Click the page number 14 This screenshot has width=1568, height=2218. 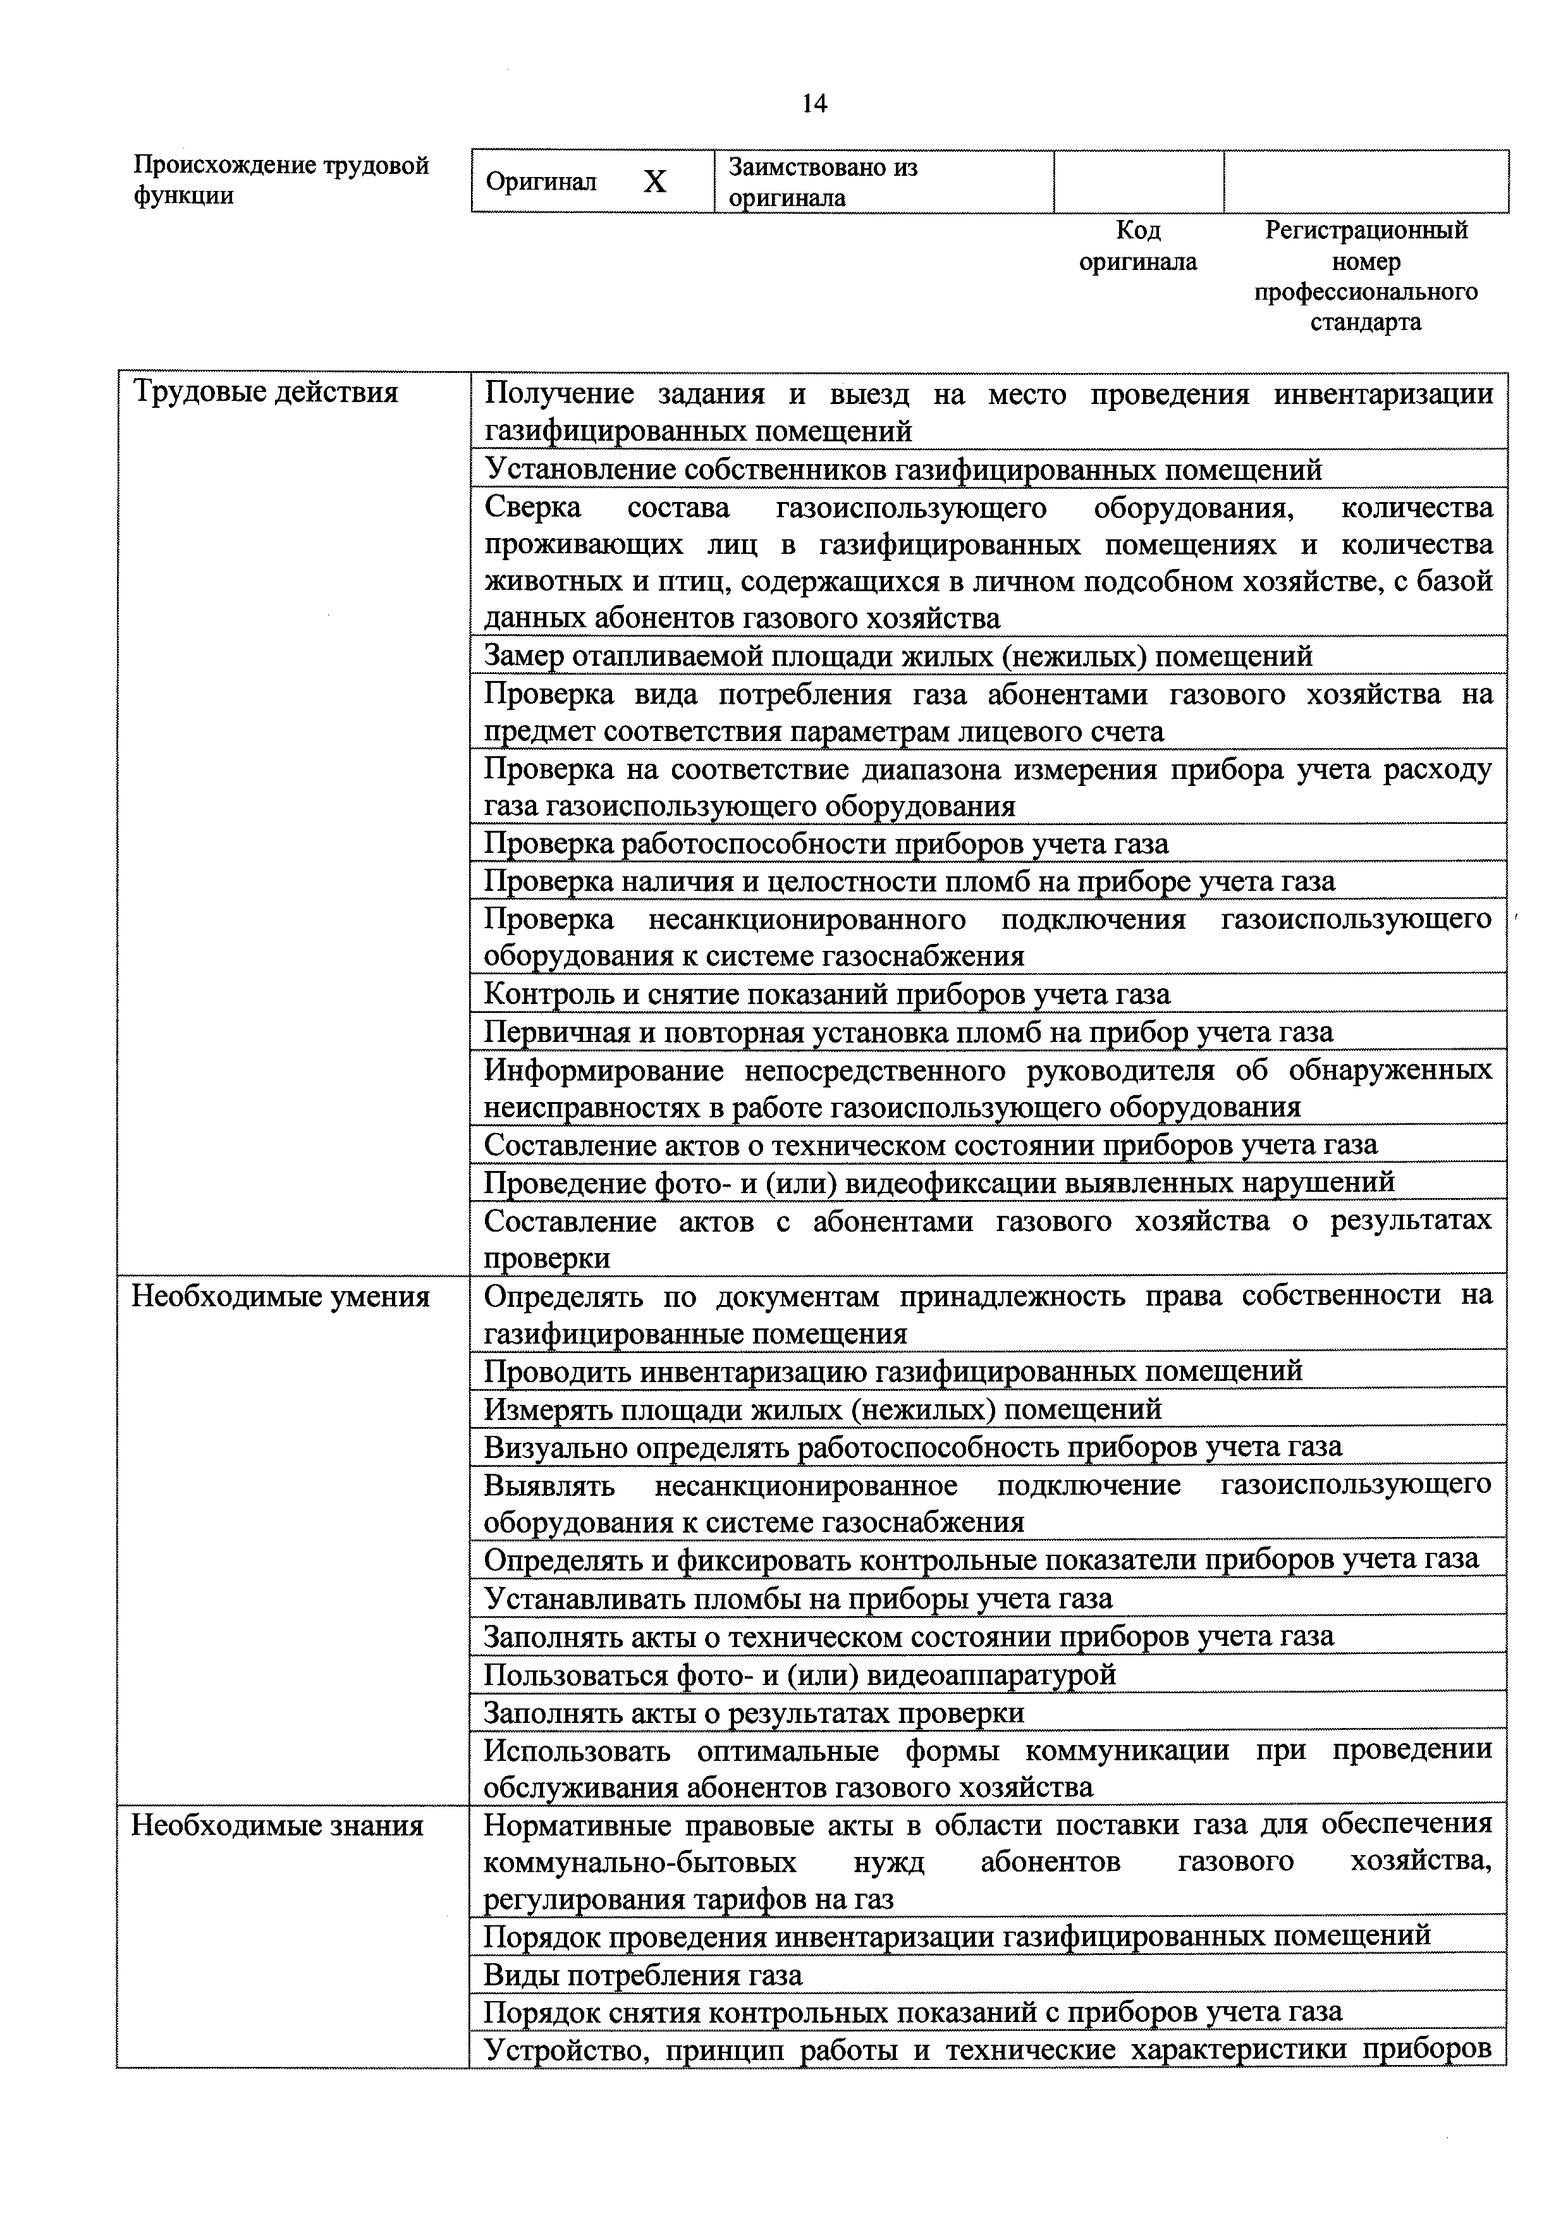814,103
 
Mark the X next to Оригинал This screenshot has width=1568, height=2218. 655,181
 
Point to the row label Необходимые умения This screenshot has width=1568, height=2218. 280,1296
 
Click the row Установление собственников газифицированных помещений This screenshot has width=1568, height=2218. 902,470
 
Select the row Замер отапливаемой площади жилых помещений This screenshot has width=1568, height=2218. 898,656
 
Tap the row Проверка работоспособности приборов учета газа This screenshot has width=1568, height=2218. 826,843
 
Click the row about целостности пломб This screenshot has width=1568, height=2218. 909,881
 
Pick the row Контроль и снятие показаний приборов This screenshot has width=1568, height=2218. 826,994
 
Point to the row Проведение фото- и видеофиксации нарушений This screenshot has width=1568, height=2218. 938,1182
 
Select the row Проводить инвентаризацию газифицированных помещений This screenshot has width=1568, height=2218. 893,1371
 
